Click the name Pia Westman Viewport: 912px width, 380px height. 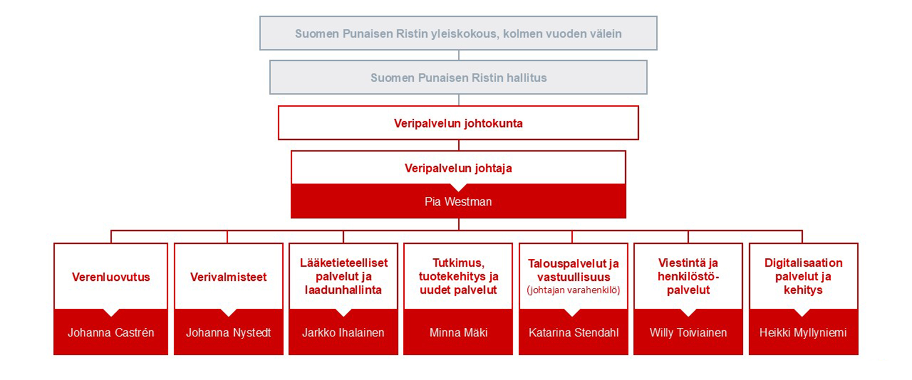tap(458, 202)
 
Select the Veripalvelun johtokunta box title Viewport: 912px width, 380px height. tap(458, 123)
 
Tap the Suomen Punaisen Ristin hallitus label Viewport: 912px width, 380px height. tap(458, 78)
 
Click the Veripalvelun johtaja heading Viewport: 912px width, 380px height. tap(458, 168)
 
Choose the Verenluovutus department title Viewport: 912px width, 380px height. tap(111, 277)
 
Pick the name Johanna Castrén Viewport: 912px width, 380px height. tap(111, 332)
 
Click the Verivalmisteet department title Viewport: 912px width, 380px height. tap(228, 277)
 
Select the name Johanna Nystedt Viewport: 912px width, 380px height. tap(228, 332)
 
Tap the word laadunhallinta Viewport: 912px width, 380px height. tap(343, 290)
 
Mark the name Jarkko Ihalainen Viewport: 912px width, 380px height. tap(343, 332)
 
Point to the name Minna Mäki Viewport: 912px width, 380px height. tap(458, 332)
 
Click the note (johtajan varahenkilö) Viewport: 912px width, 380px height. tap(573, 290)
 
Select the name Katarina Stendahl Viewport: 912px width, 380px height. tap(573, 332)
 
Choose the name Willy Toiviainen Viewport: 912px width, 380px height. tap(688, 332)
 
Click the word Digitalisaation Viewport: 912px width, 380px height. tap(803, 263)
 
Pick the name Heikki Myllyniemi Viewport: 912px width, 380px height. tap(803, 332)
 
